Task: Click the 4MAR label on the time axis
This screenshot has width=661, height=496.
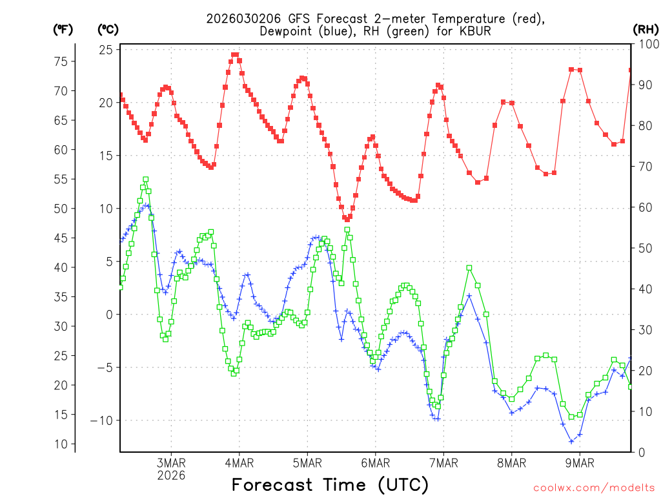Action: [239, 463]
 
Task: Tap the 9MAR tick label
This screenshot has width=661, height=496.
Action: [580, 463]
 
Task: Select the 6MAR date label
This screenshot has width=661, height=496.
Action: [375, 463]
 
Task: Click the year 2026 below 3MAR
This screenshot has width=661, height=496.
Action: [171, 475]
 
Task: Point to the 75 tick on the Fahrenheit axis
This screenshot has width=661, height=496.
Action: [61, 61]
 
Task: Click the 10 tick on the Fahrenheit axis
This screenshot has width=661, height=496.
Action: [61, 444]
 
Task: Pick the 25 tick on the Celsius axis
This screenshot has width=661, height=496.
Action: [107, 50]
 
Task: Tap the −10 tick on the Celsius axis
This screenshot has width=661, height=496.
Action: [102, 420]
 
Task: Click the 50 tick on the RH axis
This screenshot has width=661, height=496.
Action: [644, 248]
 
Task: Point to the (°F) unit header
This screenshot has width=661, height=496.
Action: [63, 29]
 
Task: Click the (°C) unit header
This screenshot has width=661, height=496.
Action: [108, 29]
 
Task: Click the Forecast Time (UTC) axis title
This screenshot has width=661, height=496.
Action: [330, 484]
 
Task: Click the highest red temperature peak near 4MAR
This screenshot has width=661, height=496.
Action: [235, 56]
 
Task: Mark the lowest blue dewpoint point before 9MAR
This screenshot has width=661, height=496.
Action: [571, 441]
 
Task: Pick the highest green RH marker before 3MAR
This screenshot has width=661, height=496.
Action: [146, 180]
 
